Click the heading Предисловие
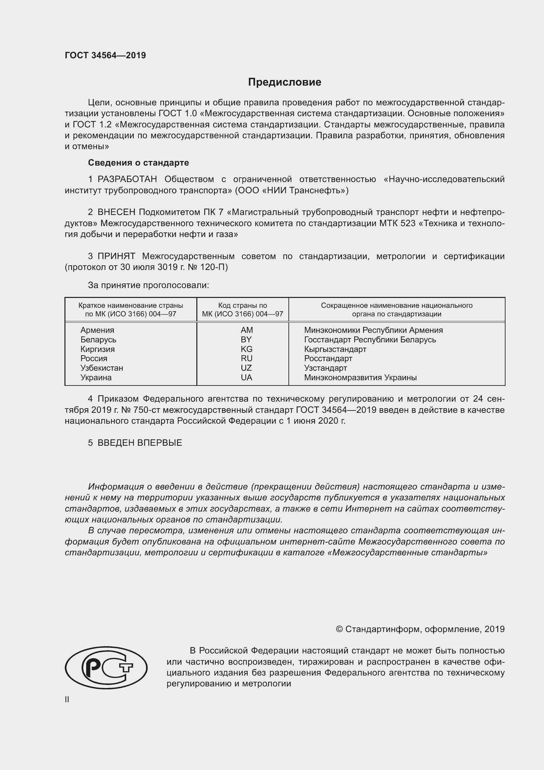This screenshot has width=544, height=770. coord(284,82)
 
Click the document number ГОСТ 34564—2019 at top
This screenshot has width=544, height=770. coord(105,55)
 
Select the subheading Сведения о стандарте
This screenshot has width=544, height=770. coord(138,163)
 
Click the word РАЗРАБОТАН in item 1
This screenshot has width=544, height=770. coord(127,179)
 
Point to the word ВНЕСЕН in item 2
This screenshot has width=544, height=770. coord(116,212)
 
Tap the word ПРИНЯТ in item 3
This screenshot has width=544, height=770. coord(116,256)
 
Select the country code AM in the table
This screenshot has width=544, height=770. coord(247,330)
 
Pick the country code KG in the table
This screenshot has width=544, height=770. coord(247,349)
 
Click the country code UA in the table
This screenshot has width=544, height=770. coord(247,378)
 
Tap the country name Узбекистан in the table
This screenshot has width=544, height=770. coord(102,368)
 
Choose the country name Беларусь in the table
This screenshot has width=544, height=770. coord(98,340)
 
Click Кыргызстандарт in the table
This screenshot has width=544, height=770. coord(335,349)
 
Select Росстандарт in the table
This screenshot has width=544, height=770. coord(328,358)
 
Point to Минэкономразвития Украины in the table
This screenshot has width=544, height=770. coord(360,378)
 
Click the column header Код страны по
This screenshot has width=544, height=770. coord(242,305)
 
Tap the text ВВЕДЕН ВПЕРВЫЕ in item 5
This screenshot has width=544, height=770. coord(140,443)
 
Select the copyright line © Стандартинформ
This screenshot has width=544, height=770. coord(420,629)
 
